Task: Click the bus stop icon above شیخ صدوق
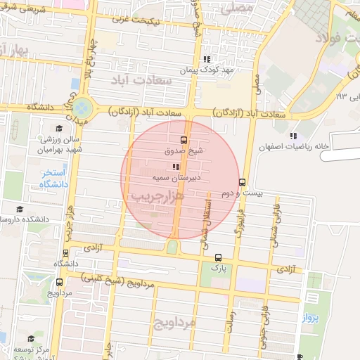tap(184, 139)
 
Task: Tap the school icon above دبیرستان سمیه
tap(175, 167)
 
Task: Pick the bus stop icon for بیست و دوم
tap(243, 182)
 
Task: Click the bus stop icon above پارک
tap(218, 257)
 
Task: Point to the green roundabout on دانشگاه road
tap(82, 108)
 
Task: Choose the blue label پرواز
tap(311, 318)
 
